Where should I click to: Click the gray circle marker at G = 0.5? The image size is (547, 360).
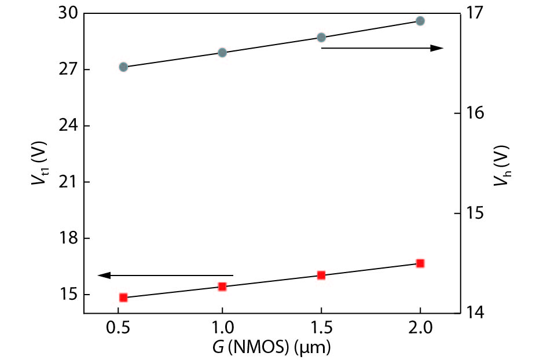pos(123,67)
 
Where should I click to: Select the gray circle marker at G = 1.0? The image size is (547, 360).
pos(222,52)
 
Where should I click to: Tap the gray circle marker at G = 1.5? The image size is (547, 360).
pos(321,37)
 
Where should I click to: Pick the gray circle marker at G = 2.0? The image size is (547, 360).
pos(420,21)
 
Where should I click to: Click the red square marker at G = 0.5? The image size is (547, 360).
pos(123,297)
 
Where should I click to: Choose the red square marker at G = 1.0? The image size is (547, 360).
pos(222,286)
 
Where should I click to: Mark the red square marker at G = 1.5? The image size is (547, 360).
pos(321,275)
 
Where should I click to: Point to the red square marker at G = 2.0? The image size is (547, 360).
pos(420,263)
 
